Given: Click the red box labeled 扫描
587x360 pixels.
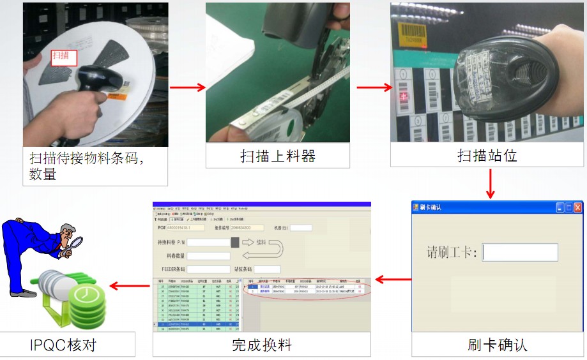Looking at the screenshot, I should (64, 57).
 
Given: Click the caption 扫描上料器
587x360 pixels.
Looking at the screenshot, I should (277, 156).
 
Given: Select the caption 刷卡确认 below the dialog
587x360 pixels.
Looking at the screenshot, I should (498, 345).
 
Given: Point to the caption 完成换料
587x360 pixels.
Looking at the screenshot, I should (261, 345).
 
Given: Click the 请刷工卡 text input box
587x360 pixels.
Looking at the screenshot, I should (520, 252).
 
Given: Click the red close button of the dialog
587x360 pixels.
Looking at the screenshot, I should (577, 207).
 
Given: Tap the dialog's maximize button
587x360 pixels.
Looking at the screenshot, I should (568, 207).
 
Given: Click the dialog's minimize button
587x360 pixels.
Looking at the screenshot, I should (560, 207).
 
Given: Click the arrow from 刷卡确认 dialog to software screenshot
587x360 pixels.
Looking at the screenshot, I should (393, 279).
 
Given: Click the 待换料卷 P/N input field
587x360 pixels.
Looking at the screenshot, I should (208, 243).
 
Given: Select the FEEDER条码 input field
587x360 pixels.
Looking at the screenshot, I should (208, 269).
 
